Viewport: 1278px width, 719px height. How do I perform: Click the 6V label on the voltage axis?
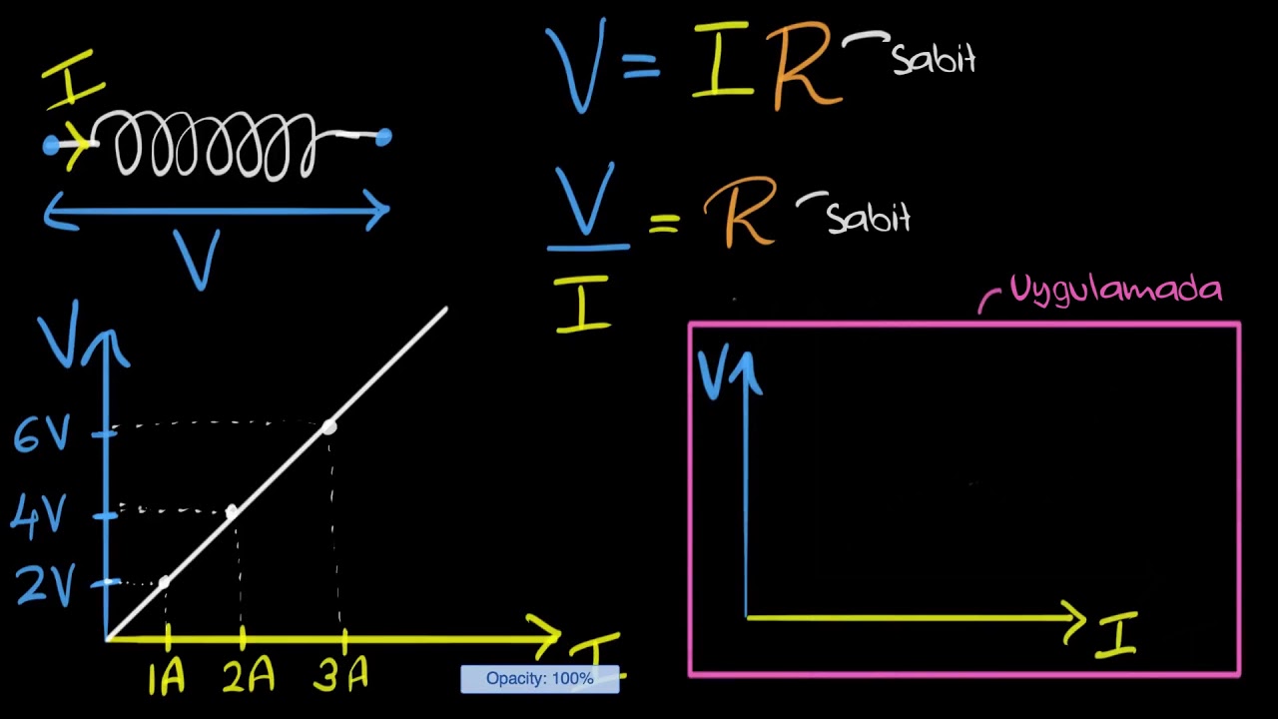click(x=42, y=433)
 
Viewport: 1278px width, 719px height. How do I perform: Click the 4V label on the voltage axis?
click(x=38, y=516)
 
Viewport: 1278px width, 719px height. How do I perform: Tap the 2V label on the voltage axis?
click(x=46, y=585)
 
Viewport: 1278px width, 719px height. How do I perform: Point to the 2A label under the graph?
click(x=249, y=674)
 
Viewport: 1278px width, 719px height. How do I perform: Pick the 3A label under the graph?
click(x=340, y=673)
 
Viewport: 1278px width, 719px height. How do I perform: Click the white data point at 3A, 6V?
click(x=329, y=426)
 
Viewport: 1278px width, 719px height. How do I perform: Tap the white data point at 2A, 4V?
click(x=231, y=511)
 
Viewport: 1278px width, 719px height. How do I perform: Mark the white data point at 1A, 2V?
click(x=164, y=582)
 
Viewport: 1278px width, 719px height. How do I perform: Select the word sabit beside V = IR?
click(x=934, y=58)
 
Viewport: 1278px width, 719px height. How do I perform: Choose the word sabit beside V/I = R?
click(x=869, y=217)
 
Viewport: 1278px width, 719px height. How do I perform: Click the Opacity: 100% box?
click(x=540, y=679)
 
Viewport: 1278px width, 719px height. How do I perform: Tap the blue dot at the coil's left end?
click(x=51, y=145)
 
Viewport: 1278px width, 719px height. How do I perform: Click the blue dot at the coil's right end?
click(x=383, y=137)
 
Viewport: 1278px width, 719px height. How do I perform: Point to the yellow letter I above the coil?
click(x=74, y=79)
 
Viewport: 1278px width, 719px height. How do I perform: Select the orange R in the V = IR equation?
click(x=806, y=65)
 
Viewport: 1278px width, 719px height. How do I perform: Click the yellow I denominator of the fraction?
click(x=583, y=304)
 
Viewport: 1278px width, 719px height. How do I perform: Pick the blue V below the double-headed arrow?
click(x=197, y=260)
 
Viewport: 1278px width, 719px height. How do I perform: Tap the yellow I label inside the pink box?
click(x=1116, y=634)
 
